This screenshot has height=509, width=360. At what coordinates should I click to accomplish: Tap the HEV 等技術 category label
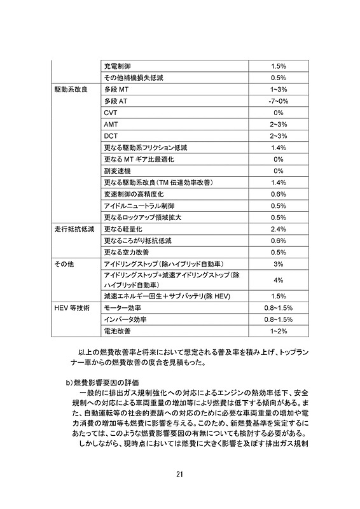72,308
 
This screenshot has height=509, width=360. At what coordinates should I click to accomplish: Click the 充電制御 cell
118,66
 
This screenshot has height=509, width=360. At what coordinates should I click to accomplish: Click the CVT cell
110,113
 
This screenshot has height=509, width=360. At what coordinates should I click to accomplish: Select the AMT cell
111,124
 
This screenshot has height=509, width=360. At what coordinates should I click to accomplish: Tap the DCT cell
111,136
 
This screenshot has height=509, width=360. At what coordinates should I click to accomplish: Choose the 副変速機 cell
117,171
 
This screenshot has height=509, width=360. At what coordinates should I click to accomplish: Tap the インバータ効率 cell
125,319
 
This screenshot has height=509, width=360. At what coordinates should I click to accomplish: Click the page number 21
180,472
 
